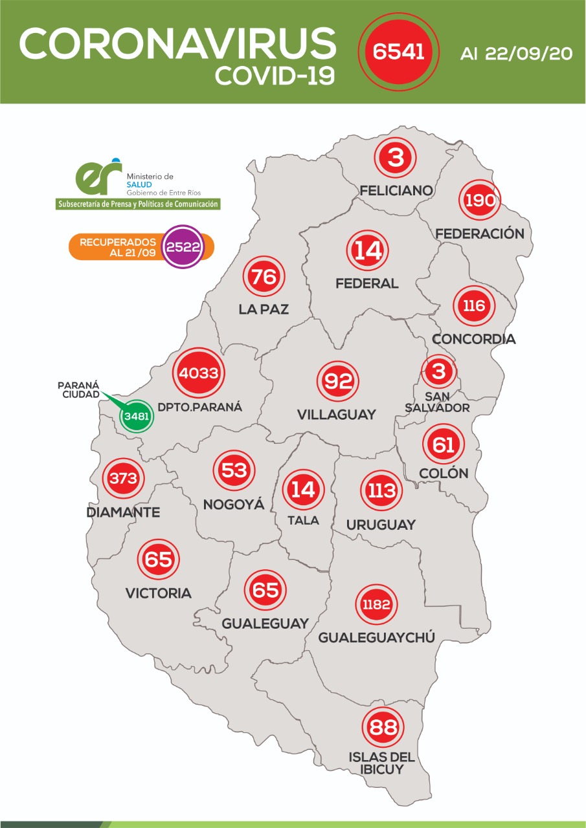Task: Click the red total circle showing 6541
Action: coord(398,51)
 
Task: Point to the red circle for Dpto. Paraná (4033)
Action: coord(199,373)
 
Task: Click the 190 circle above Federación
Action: coord(480,200)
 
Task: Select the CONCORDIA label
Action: coord(473,339)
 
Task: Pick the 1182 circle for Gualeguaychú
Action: coord(376,605)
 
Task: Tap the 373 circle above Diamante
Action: coord(123,479)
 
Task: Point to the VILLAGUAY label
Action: coord(337,415)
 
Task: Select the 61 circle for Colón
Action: coord(444,444)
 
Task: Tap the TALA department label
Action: coord(302,520)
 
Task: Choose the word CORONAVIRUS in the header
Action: coord(177,44)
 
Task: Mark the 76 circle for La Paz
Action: coord(264,277)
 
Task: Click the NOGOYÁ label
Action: coord(234,504)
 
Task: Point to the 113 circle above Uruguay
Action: coord(381,490)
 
